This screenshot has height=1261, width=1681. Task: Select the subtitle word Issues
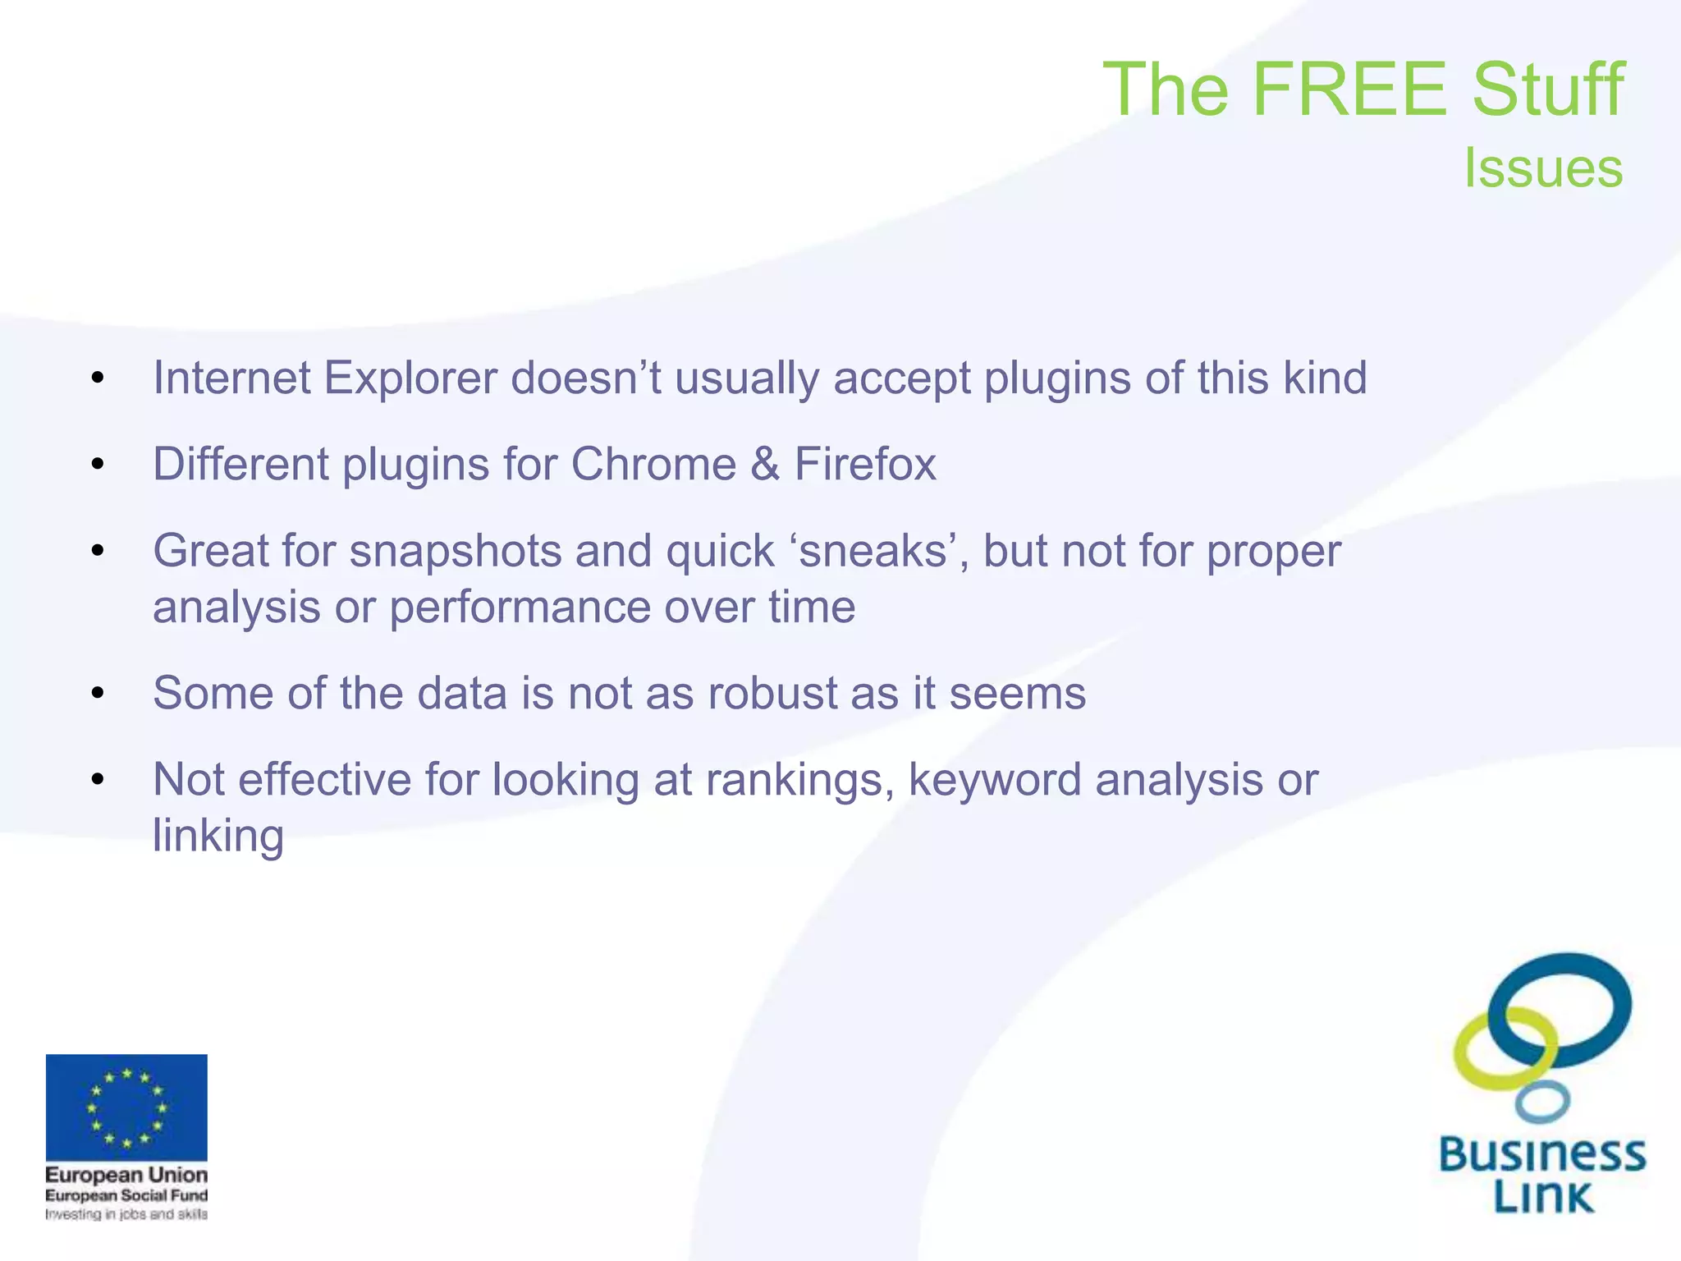(x=1543, y=168)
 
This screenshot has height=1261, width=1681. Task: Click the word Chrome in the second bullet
(x=653, y=465)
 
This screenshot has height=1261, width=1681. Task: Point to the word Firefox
(x=865, y=465)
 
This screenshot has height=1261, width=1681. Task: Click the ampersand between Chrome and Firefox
(x=765, y=465)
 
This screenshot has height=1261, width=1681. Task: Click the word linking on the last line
(x=218, y=837)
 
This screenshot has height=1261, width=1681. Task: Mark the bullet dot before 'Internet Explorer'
(x=98, y=379)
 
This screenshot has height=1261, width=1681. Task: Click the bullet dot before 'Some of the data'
(x=98, y=695)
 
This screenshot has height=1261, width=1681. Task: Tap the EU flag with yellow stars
(x=126, y=1107)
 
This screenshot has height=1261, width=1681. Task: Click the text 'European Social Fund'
(x=126, y=1195)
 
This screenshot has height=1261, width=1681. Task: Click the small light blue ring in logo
(x=1542, y=1102)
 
